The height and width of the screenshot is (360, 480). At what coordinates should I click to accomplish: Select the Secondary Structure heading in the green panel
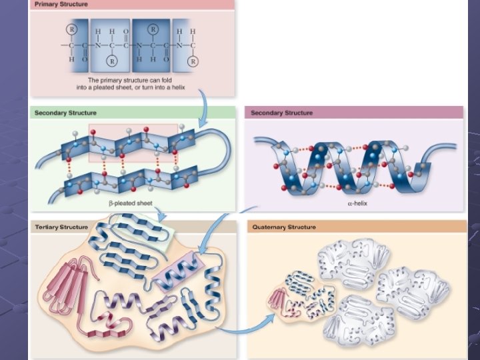65,113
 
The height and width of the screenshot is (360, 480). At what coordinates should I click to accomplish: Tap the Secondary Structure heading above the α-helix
281,113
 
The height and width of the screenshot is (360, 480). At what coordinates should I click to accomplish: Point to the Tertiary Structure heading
61,227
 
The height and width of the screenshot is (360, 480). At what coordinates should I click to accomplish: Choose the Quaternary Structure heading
285,227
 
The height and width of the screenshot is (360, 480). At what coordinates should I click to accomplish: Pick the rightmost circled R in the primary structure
193,61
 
